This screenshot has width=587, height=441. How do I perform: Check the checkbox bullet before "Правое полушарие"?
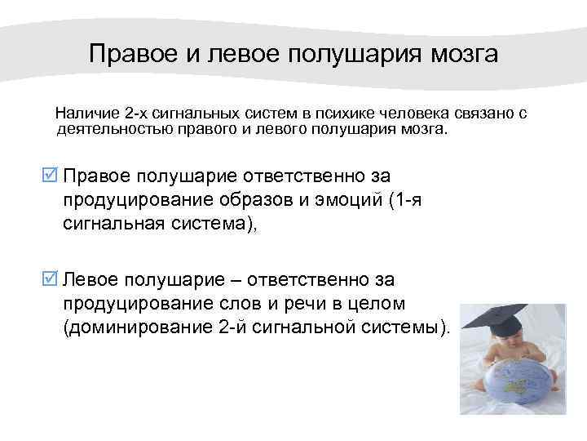click(x=50, y=176)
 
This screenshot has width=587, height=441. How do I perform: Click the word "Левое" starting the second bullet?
click(x=90, y=280)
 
